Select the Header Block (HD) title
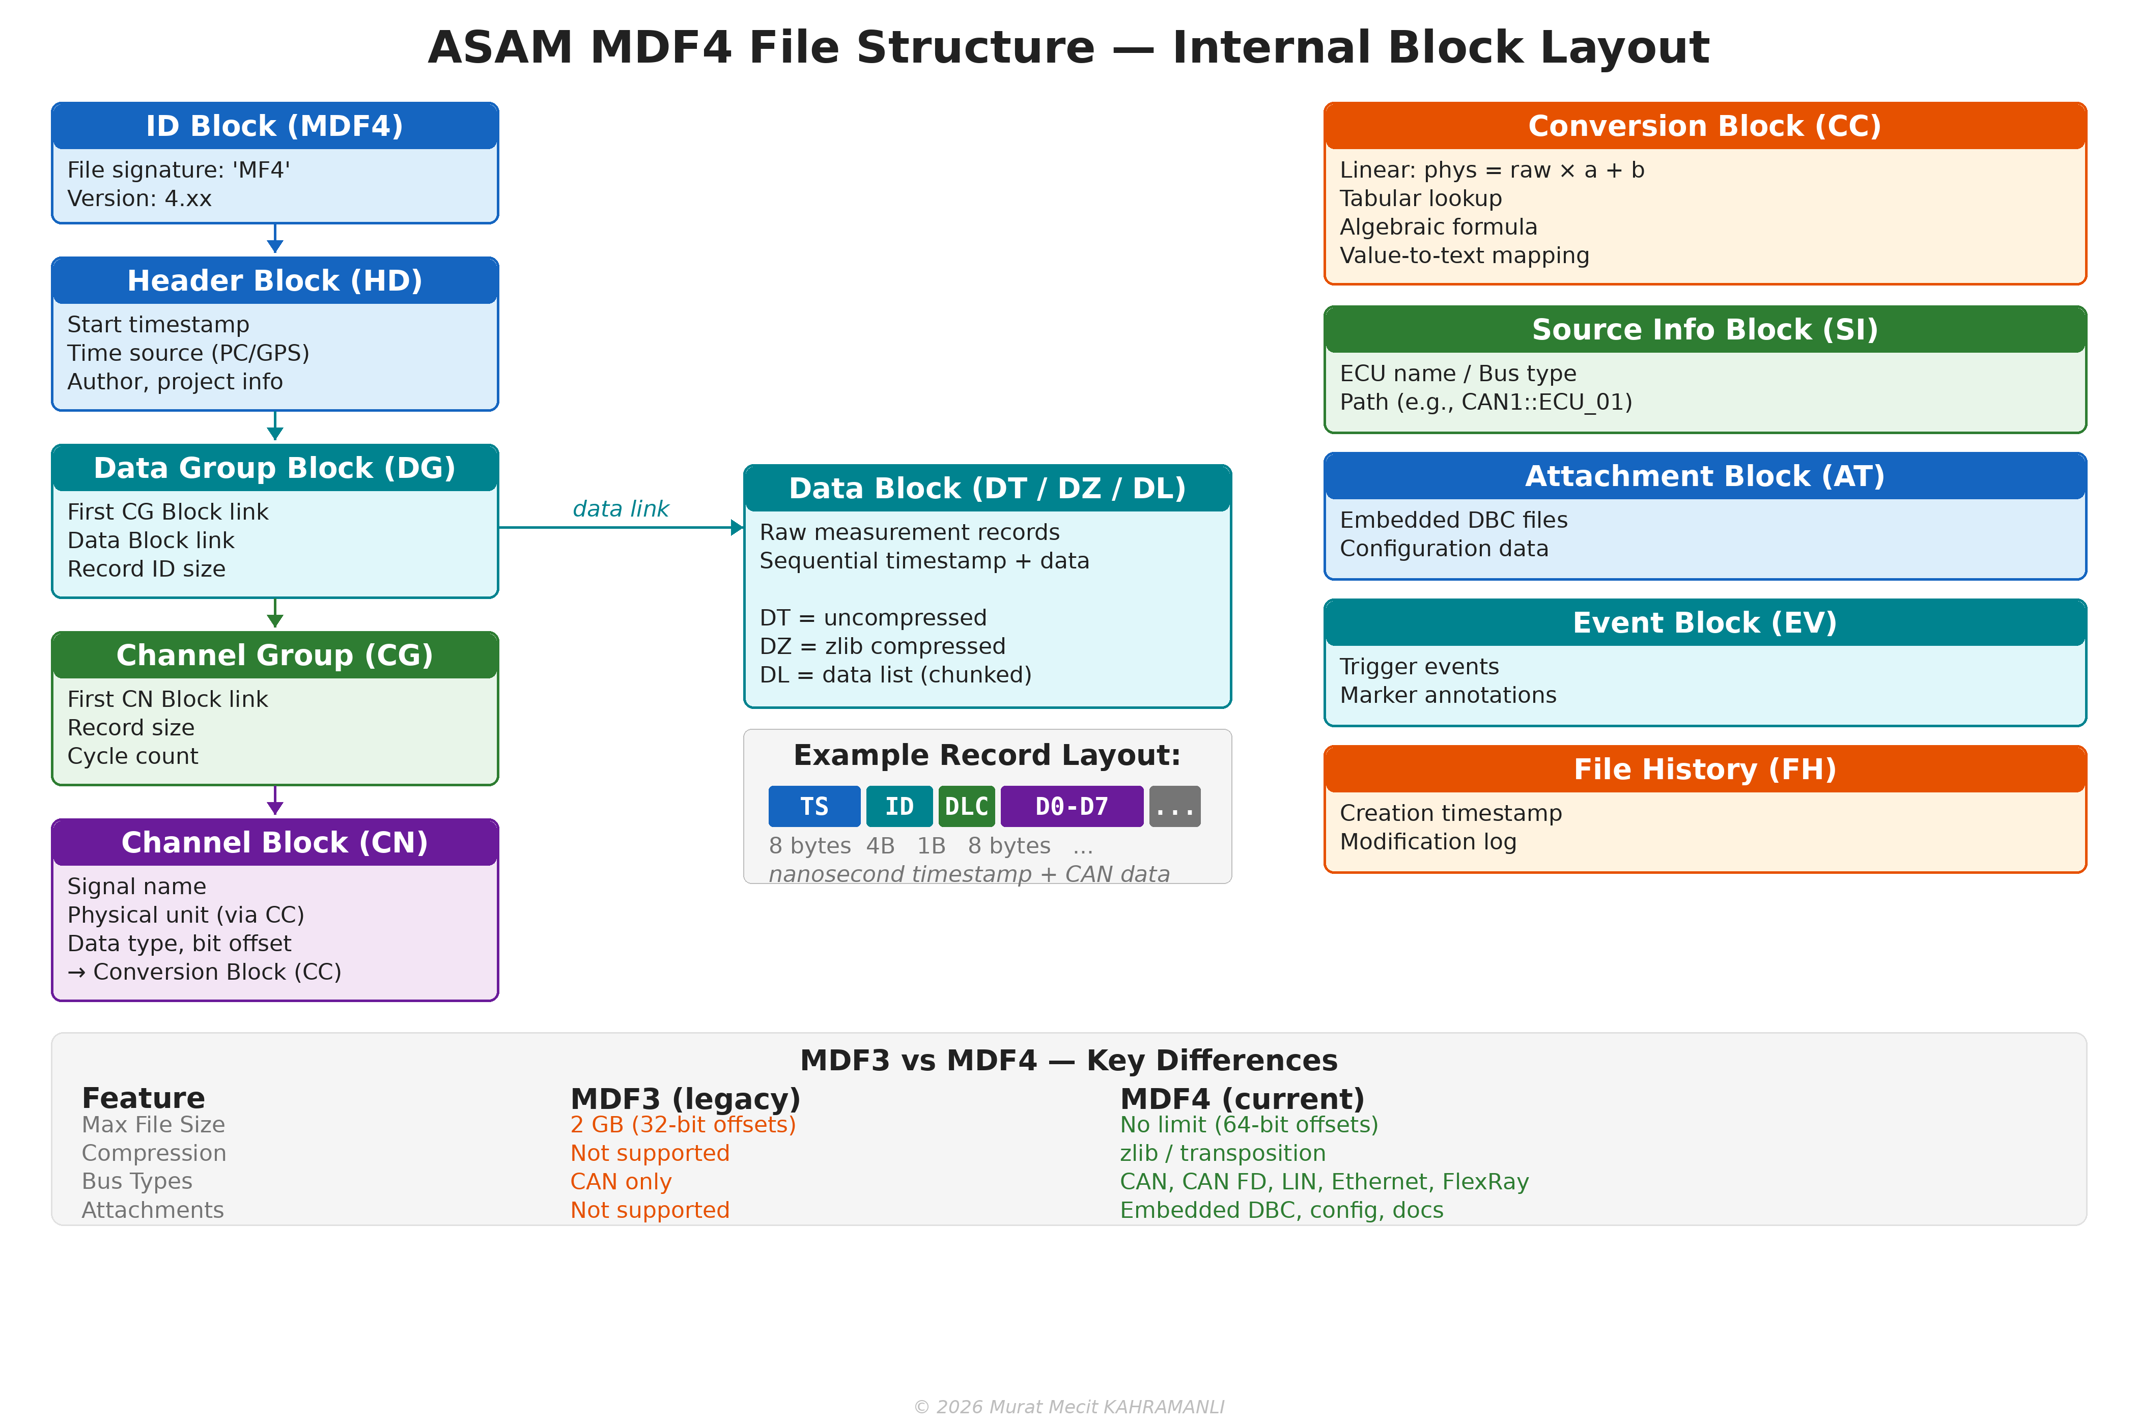pos(274,281)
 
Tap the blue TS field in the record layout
pos(813,806)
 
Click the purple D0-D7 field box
pos(1071,806)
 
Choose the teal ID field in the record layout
pos(899,806)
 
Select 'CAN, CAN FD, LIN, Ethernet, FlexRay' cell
pos(1324,1181)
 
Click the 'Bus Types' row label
pos(137,1181)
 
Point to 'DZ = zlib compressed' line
pos(882,646)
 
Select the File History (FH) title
pos(1704,769)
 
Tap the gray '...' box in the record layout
pos(1174,806)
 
